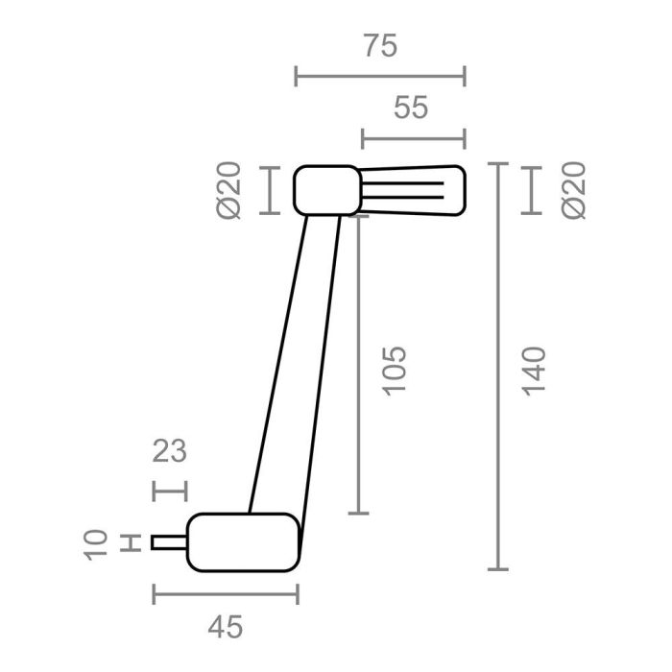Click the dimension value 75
click(380, 45)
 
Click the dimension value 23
click(169, 450)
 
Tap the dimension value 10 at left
click(97, 542)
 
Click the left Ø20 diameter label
click(231, 190)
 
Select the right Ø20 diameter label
click(575, 190)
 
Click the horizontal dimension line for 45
click(226, 594)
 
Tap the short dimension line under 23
click(170, 490)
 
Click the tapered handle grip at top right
click(413, 189)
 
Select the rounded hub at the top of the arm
click(326, 190)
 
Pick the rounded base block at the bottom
click(242, 542)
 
